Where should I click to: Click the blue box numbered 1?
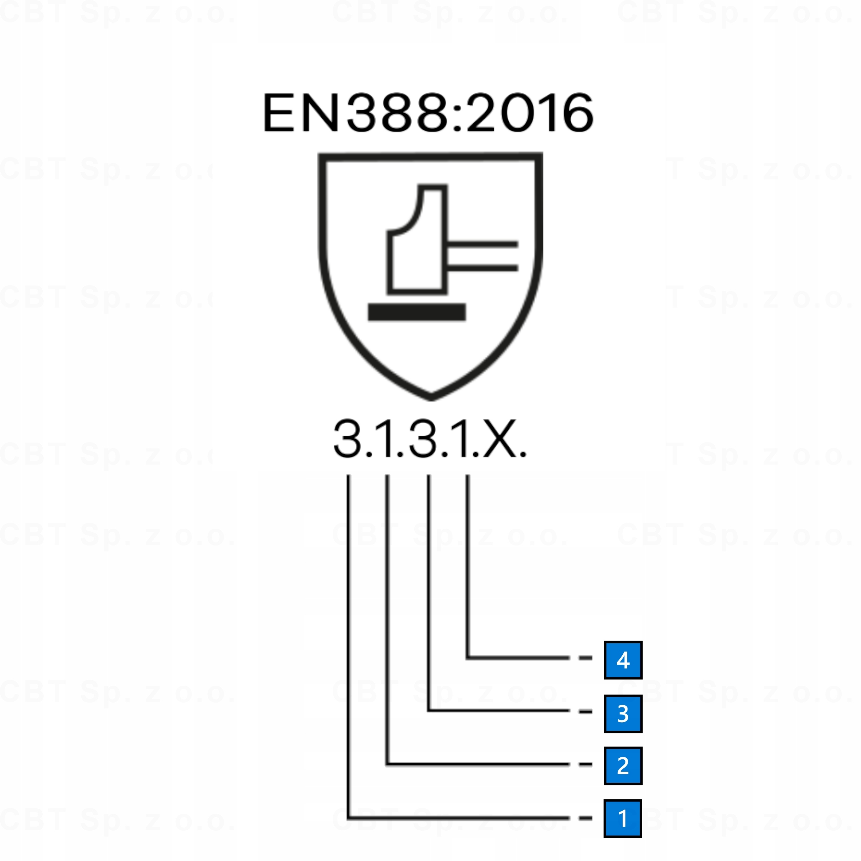[623, 818]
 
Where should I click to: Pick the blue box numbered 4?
[623, 660]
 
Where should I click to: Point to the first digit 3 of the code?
[347, 438]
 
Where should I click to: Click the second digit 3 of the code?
[423, 438]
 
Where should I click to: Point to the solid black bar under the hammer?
[417, 312]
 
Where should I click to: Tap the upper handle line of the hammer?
[482, 244]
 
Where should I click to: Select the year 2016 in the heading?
[529, 113]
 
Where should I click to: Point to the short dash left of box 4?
[585, 658]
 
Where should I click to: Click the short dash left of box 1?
[585, 818]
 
